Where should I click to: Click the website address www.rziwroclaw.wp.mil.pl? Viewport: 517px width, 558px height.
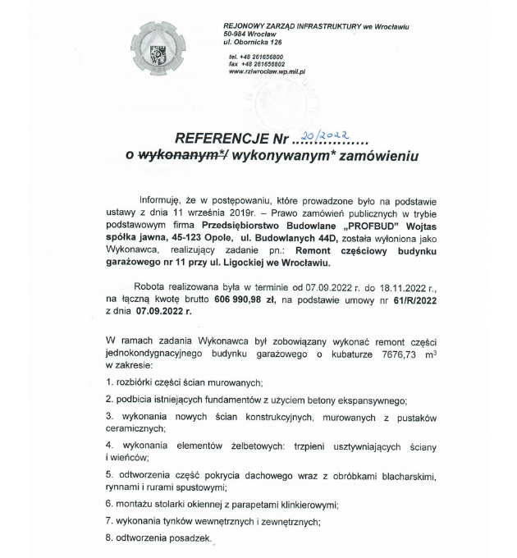[x=268, y=72]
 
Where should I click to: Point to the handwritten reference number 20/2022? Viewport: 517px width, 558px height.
[x=325, y=135]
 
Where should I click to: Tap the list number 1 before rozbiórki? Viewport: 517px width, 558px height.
[x=109, y=382]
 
